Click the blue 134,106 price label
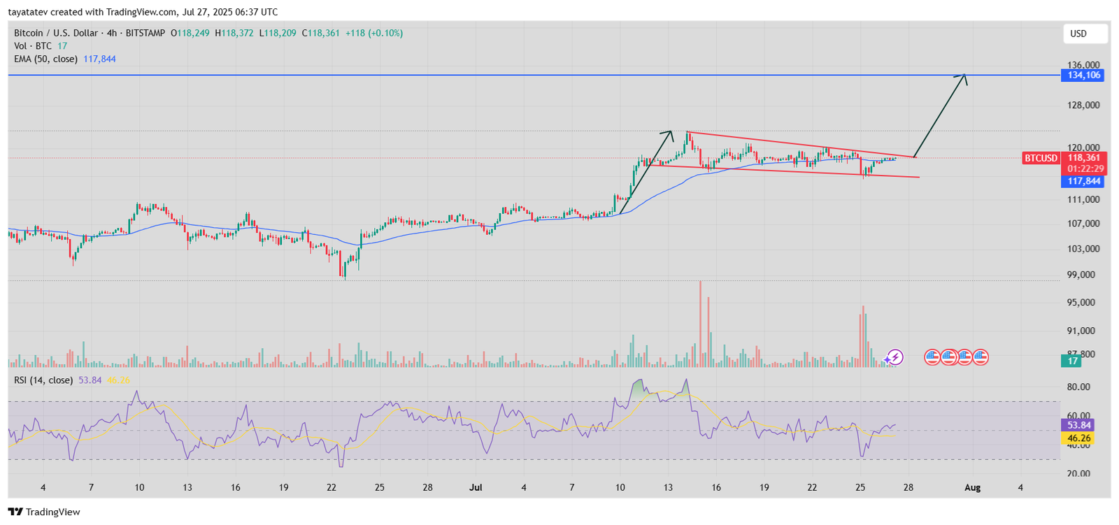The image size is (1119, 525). (1083, 75)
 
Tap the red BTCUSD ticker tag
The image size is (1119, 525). (1041, 158)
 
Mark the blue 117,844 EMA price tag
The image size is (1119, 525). (1083, 181)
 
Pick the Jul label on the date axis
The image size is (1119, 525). (476, 487)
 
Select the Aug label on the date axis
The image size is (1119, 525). (972, 487)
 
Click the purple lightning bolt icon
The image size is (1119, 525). (895, 358)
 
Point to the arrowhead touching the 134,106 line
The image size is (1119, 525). (964, 76)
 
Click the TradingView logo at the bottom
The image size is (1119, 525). (44, 512)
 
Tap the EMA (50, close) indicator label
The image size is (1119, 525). (45, 59)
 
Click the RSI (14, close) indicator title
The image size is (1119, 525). (43, 380)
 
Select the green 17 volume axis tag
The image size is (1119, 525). (1071, 361)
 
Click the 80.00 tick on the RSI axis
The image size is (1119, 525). (1078, 387)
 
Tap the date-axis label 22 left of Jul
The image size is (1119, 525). (332, 487)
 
